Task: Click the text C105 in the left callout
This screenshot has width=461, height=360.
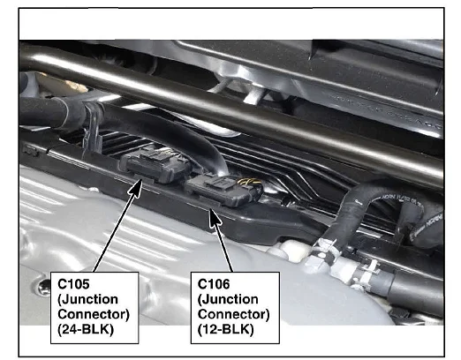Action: click(x=73, y=284)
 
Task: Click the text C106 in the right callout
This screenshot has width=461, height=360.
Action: click(x=214, y=284)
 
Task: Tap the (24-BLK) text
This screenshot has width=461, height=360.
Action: click(x=86, y=329)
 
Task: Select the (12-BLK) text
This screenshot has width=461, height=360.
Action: click(x=226, y=329)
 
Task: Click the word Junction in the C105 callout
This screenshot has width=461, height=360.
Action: click(x=88, y=299)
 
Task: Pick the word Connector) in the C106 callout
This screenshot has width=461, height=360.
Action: click(x=234, y=314)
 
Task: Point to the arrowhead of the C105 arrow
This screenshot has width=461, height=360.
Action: click(x=136, y=188)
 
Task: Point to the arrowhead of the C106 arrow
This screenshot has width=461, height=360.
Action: click(x=215, y=217)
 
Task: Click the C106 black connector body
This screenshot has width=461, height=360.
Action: click(x=223, y=191)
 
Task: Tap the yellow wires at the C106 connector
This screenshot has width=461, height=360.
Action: click(x=250, y=183)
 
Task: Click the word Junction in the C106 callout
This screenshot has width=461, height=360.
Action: click(x=228, y=299)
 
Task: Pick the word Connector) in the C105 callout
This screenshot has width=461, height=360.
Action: click(x=94, y=314)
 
